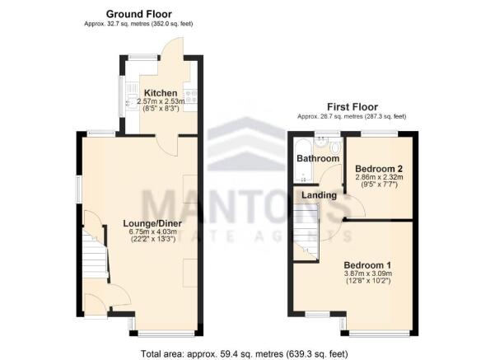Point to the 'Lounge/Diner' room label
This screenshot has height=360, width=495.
152,223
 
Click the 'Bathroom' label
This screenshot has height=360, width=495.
318,158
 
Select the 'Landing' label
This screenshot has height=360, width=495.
319,195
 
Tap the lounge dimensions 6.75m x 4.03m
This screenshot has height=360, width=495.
152,232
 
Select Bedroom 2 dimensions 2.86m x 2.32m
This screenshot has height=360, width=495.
377,177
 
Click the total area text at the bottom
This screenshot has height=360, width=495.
246,353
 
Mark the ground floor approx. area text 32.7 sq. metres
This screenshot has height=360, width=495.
138,25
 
